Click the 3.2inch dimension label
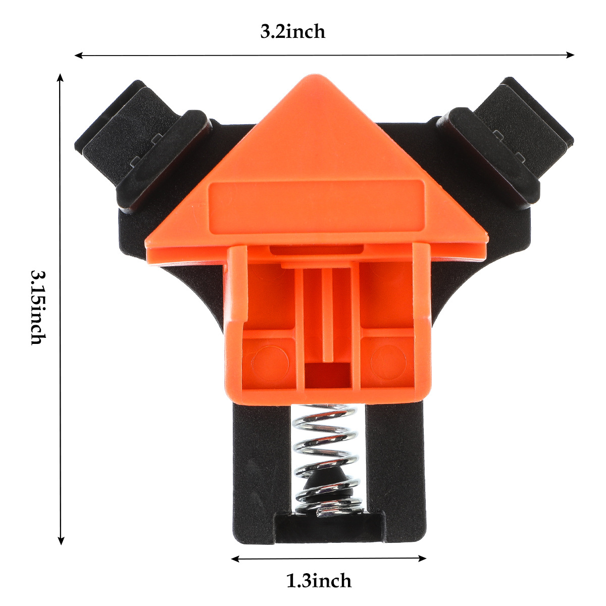pyautogui.click(x=292, y=32)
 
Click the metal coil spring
pyautogui.click(x=326, y=461)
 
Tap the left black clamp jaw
pyautogui.click(x=143, y=144)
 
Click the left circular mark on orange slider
pyautogui.click(x=270, y=362)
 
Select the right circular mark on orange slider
pyautogui.click(x=388, y=362)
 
